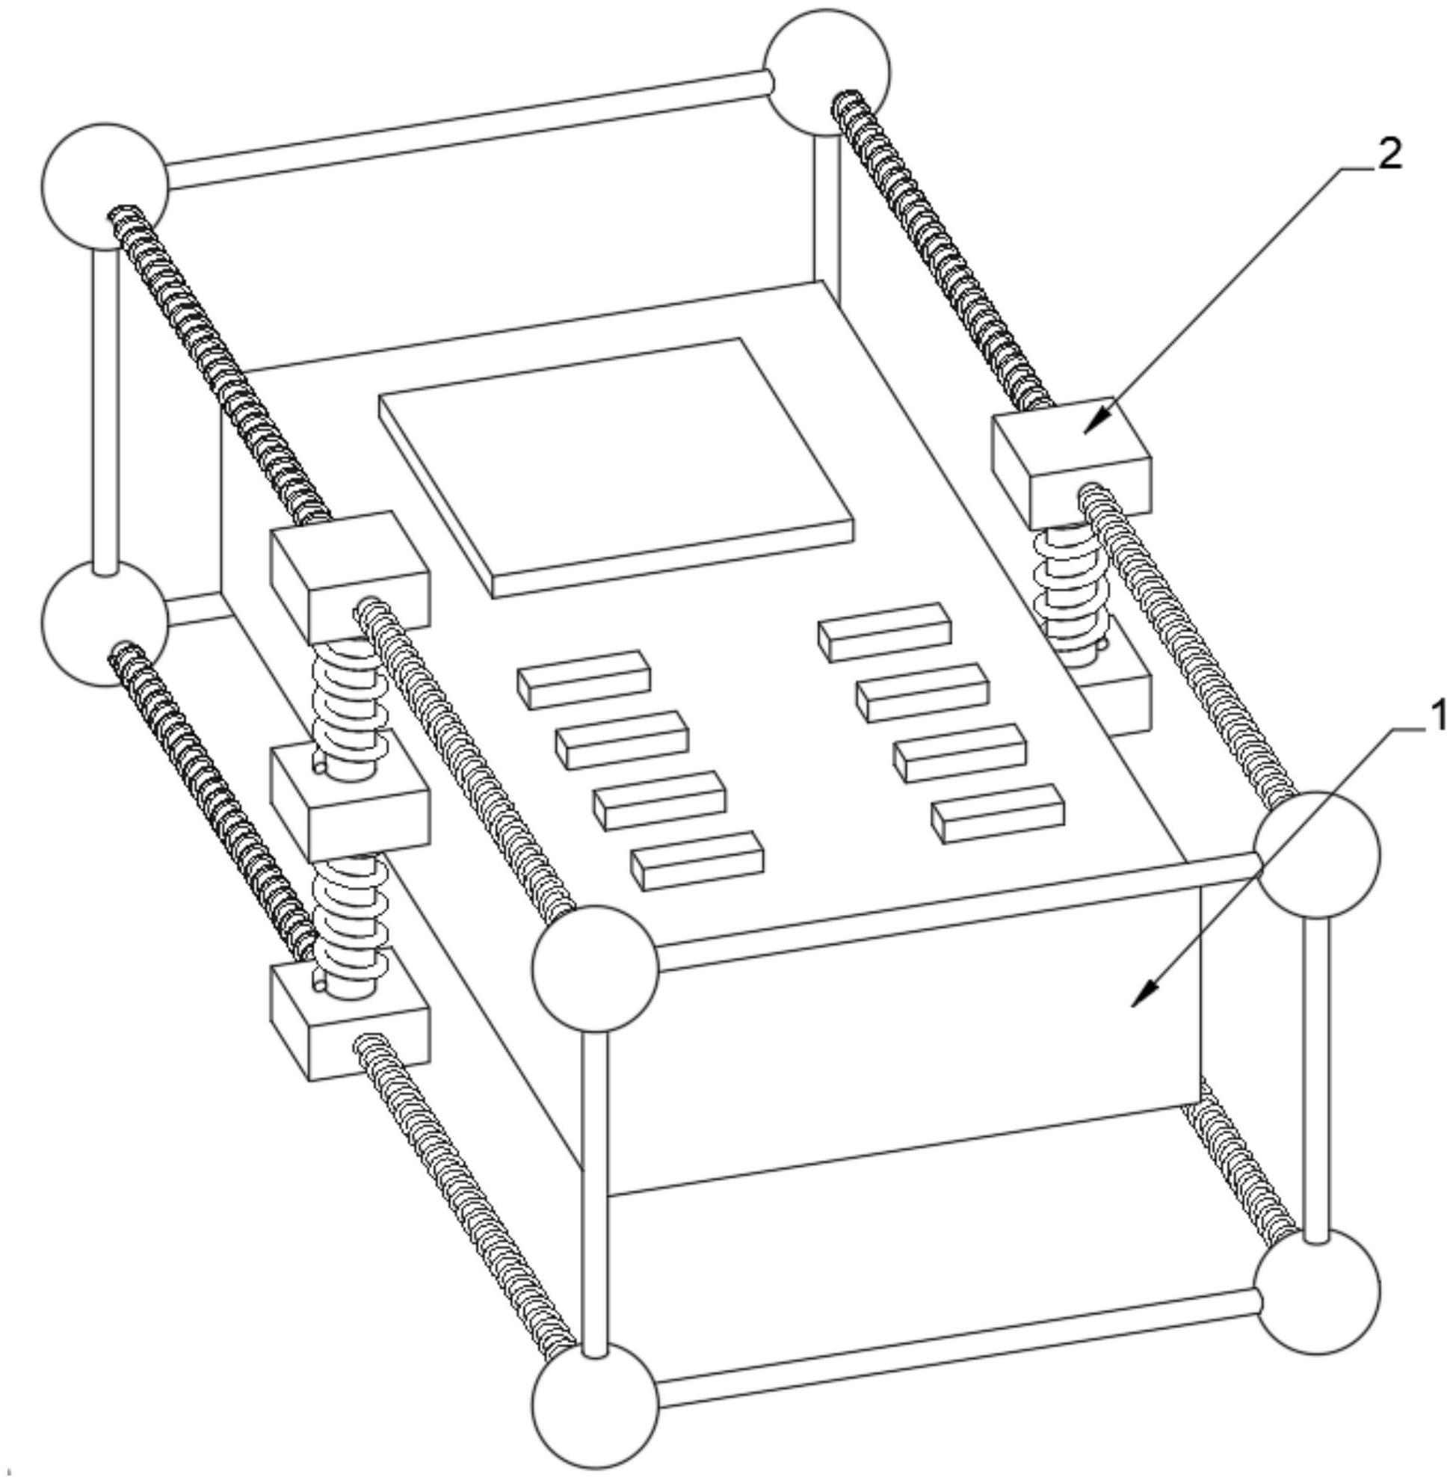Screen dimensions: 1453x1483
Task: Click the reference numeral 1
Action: pos(1438,718)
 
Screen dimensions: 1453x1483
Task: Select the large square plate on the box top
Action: pos(616,467)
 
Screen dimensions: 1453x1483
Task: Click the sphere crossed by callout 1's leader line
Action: pos(1317,854)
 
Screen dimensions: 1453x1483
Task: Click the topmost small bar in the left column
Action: pos(584,679)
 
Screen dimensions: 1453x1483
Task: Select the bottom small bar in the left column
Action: pos(697,860)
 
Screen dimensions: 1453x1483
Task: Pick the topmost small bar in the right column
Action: pos(884,632)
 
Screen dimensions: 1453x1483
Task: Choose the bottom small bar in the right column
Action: pos(997,813)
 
